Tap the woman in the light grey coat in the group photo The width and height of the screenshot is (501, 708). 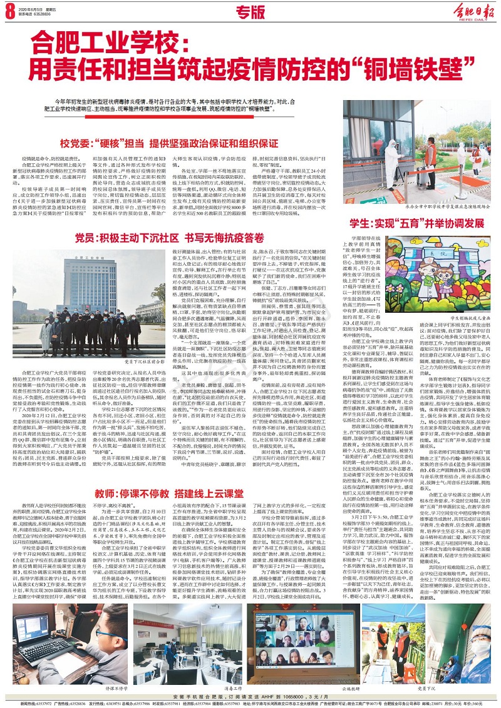click(46, 338)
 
